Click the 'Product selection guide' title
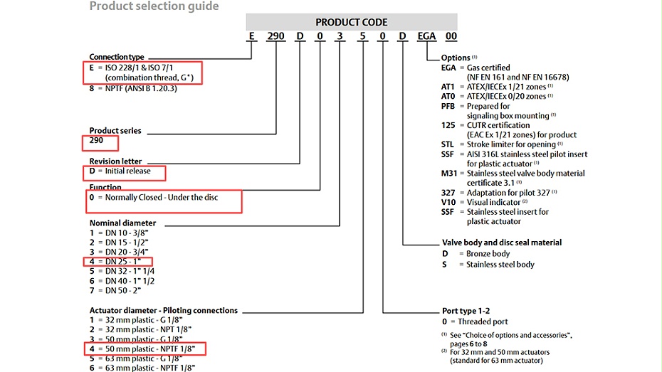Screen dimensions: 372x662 pyautogui.click(x=154, y=6)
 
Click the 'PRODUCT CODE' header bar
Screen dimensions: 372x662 pyautogui.click(x=352, y=21)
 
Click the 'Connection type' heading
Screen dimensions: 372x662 pyautogui.click(x=117, y=57)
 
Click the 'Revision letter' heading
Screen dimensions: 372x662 pyautogui.click(x=115, y=161)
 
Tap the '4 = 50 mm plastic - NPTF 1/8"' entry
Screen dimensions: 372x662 pyautogui.click(x=146, y=349)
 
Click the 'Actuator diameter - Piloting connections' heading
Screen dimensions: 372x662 pyautogui.click(x=163, y=310)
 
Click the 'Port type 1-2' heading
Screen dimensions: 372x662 pyautogui.click(x=467, y=311)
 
